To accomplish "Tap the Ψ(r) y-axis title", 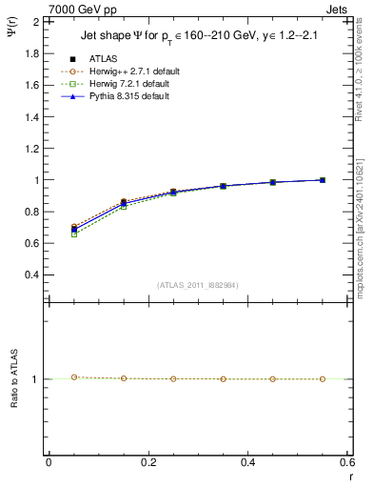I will tap(12, 38).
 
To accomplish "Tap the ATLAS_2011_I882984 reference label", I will tap(197, 285).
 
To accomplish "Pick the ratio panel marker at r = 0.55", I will tap(323, 379).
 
